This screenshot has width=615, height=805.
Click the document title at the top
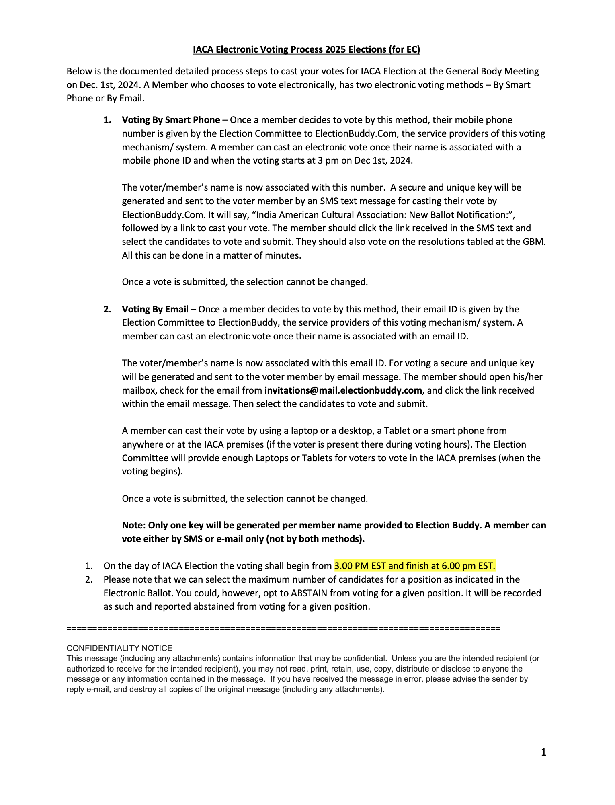(x=306, y=49)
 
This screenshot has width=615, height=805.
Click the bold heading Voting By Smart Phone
(x=171, y=120)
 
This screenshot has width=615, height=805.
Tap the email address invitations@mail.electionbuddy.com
(x=343, y=390)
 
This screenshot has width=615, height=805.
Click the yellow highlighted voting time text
(x=415, y=566)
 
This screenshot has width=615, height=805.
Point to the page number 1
(x=543, y=752)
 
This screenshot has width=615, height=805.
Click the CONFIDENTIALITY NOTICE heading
(x=119, y=648)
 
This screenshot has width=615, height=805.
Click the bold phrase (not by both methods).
(x=315, y=539)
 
